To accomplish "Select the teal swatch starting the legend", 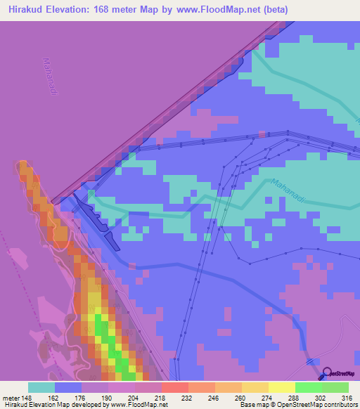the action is (x=41, y=387).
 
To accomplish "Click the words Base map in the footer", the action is (x=251, y=405).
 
